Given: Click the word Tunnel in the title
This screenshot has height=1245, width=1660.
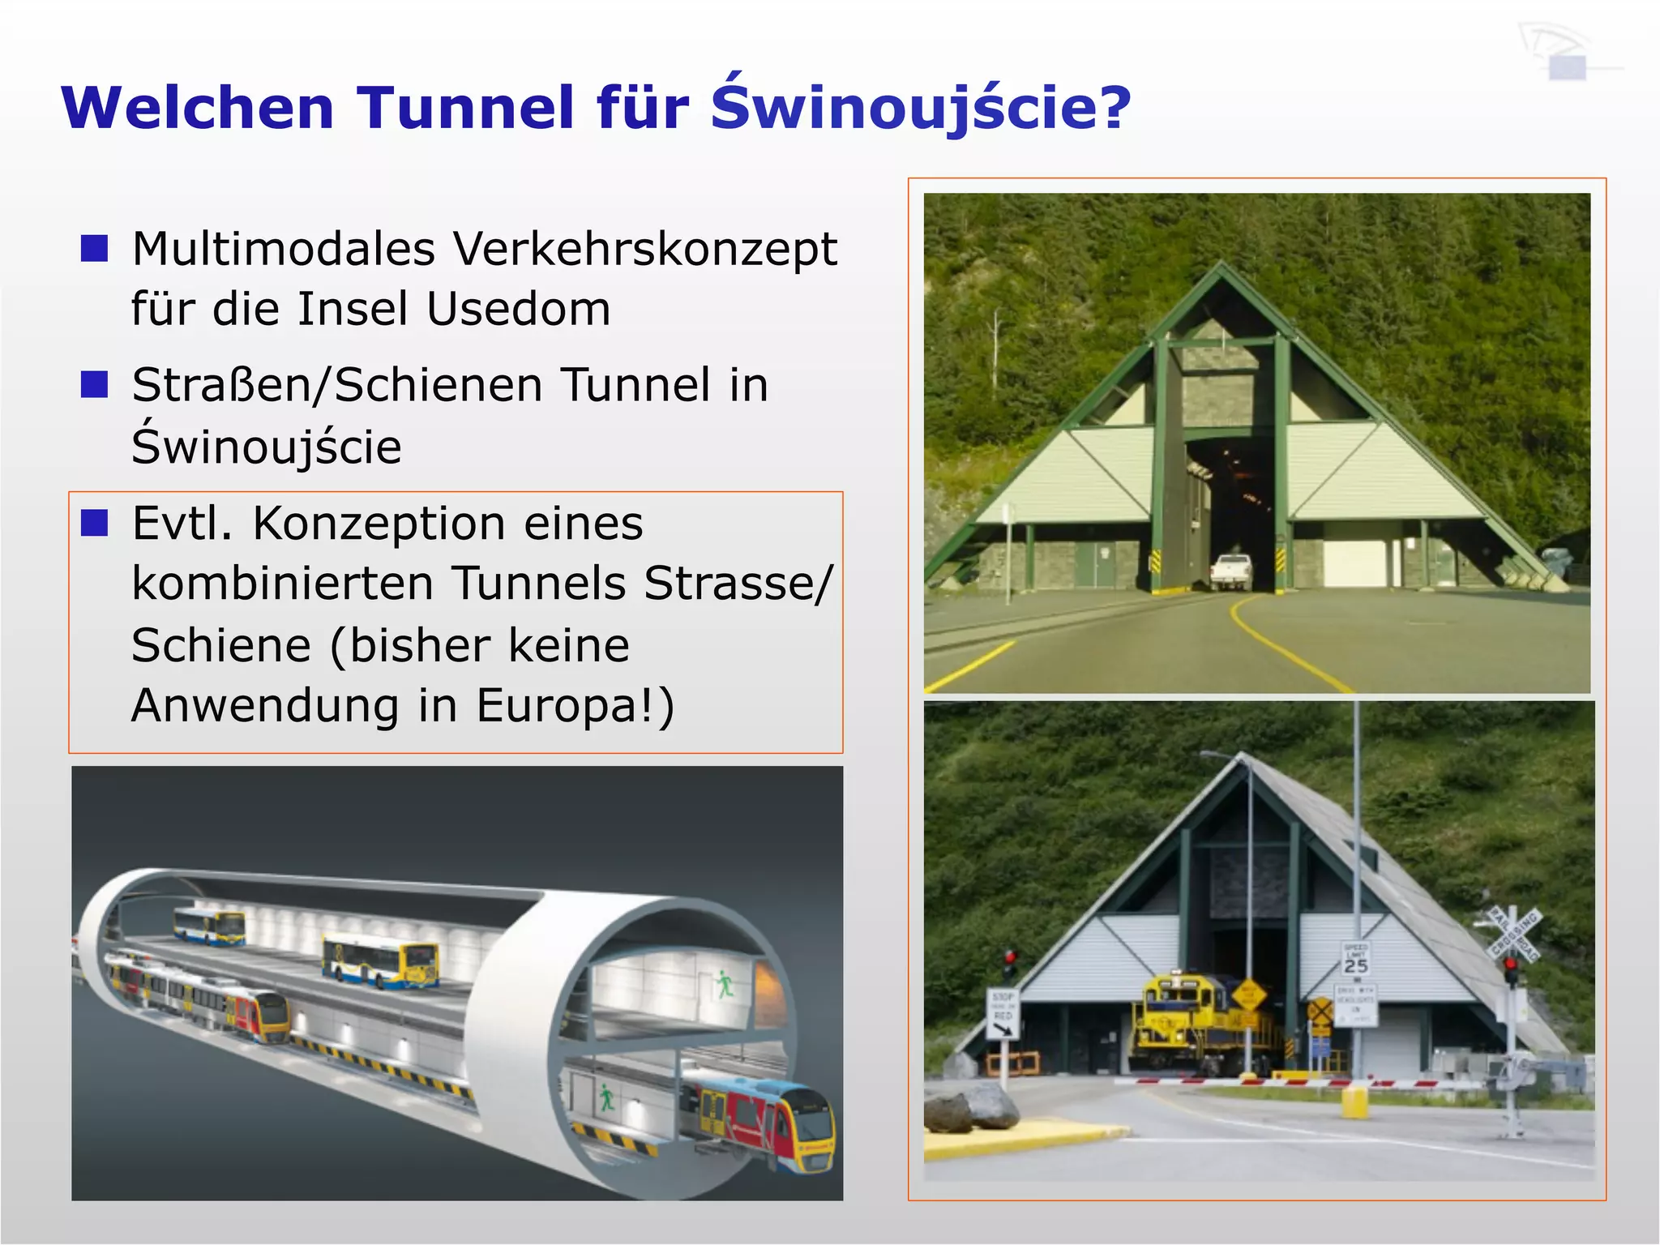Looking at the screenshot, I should tap(466, 108).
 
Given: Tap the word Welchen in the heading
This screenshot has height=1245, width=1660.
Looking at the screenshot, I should tap(198, 108).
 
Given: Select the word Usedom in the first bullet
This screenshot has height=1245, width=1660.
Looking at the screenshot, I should tap(519, 310).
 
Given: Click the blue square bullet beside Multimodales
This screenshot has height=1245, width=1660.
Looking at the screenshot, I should tap(95, 248).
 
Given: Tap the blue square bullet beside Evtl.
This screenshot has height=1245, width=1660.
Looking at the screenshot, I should tap(95, 524).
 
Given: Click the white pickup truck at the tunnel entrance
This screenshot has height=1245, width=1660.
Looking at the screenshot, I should tap(1230, 571).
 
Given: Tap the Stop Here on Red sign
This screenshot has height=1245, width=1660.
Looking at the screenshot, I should tap(1003, 1013).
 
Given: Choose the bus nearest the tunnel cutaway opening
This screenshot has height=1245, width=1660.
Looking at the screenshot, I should tap(381, 961).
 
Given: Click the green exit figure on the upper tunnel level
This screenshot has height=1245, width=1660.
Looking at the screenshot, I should tap(724, 985).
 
